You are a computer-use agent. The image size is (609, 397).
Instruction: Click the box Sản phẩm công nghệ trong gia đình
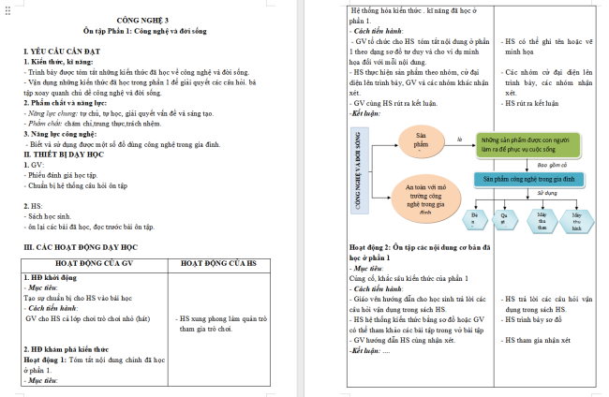pyautogui.click(x=528, y=177)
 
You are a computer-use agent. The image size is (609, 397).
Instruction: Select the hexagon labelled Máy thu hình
pyautogui.click(x=577, y=219)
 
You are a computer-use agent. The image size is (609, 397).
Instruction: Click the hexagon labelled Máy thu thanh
pyautogui.click(x=542, y=219)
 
